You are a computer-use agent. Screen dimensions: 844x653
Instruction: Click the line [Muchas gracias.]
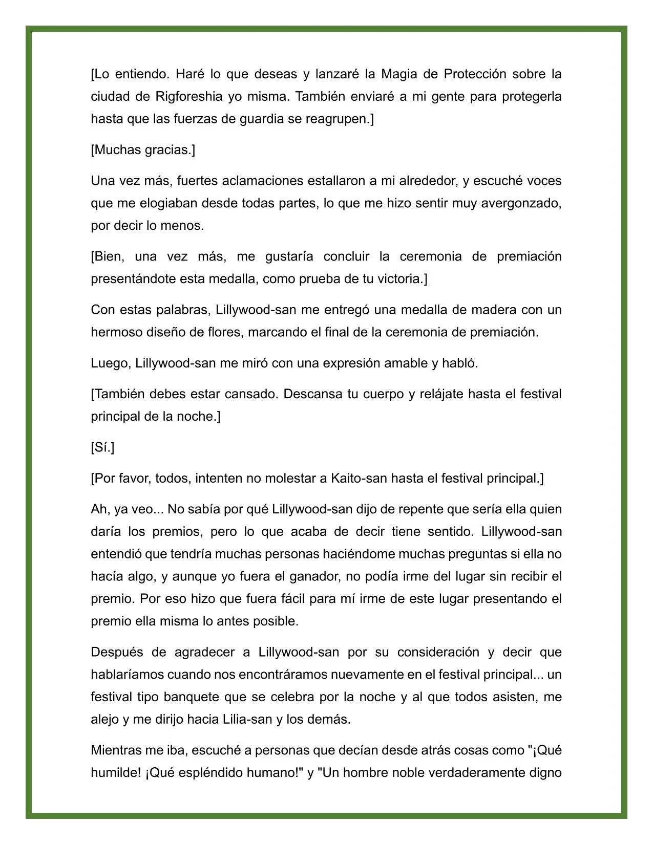[x=143, y=150]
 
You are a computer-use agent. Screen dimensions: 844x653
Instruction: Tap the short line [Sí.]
[x=102, y=447]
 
